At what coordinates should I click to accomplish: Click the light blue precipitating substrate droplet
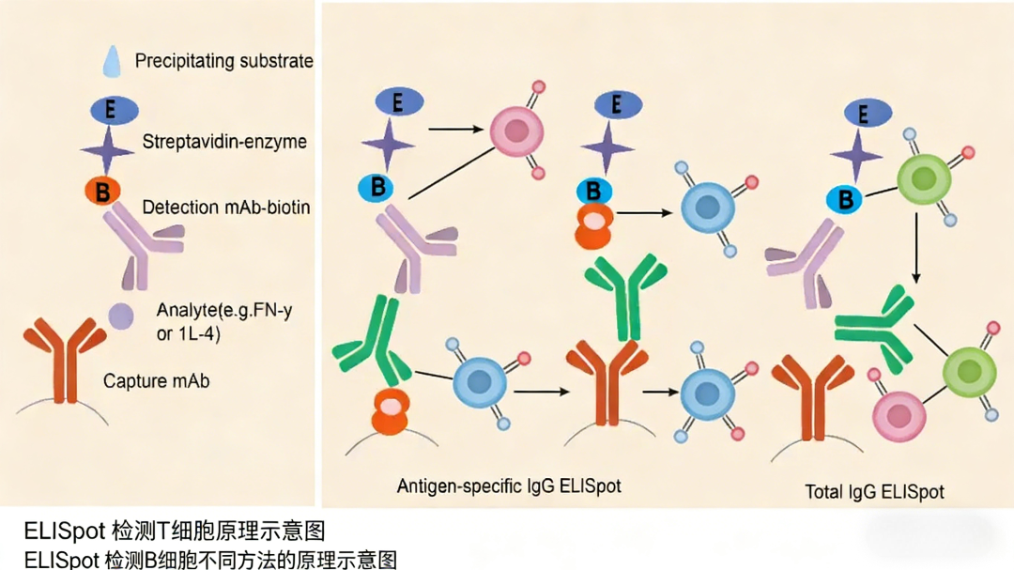(x=112, y=61)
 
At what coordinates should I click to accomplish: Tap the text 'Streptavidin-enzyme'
(x=224, y=142)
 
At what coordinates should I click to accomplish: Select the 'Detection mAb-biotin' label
(x=225, y=207)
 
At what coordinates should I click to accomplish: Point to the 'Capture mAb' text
(x=156, y=381)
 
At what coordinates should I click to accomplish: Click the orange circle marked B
(x=102, y=192)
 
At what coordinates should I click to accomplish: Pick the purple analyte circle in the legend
(x=120, y=316)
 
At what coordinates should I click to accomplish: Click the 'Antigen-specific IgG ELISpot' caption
(x=509, y=485)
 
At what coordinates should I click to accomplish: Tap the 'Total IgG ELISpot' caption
(x=874, y=491)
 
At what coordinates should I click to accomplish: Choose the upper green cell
(x=924, y=177)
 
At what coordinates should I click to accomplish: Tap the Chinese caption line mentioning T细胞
(x=175, y=531)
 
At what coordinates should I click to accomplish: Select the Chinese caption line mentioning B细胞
(x=211, y=560)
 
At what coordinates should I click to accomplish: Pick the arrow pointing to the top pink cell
(x=457, y=127)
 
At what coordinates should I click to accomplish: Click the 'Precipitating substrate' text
(x=223, y=61)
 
